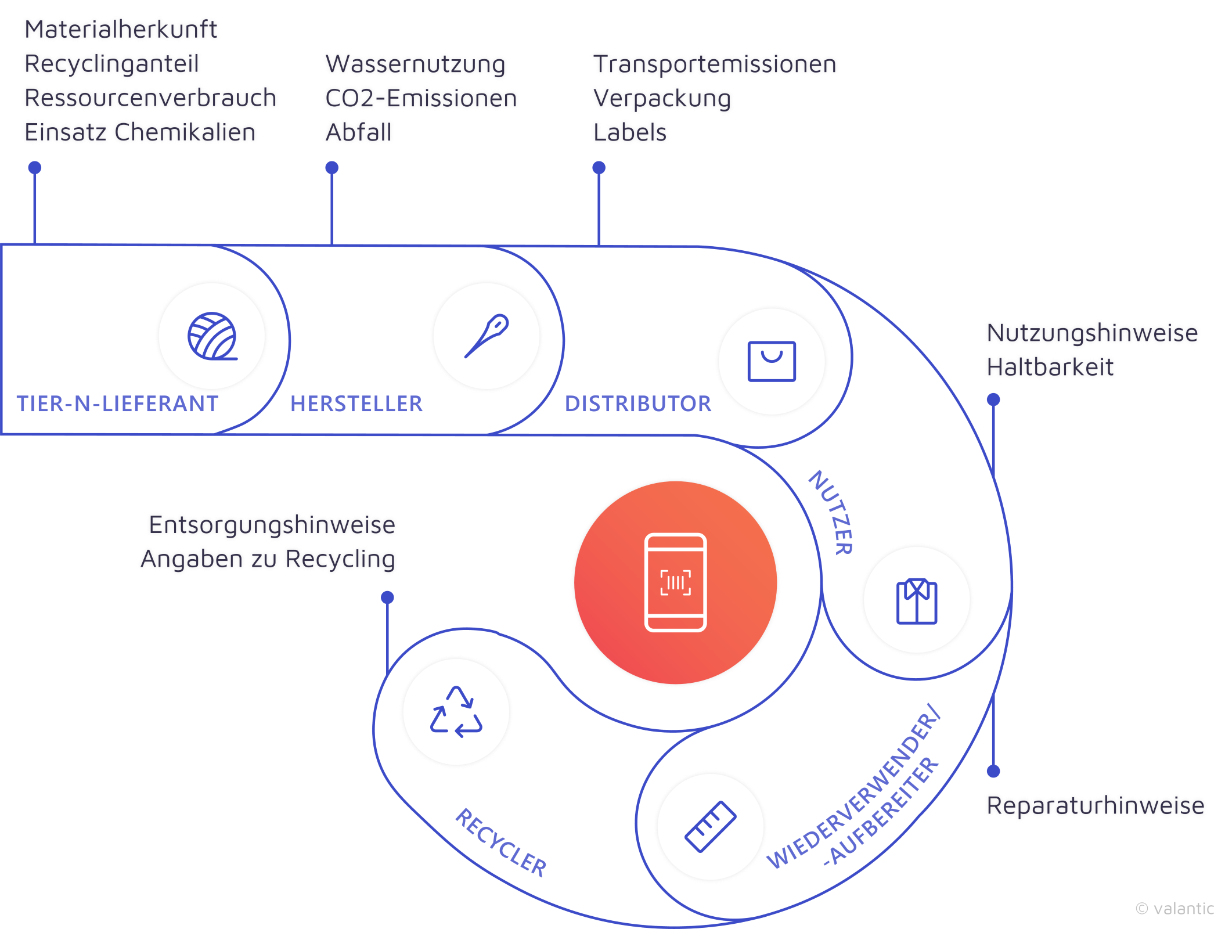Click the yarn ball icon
(x=212, y=336)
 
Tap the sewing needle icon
(x=487, y=336)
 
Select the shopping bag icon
(x=772, y=361)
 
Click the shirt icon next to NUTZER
(x=917, y=600)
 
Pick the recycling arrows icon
(x=456, y=712)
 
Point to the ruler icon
(x=710, y=827)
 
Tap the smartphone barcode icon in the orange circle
(x=676, y=582)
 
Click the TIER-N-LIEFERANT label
(x=117, y=404)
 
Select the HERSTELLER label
(x=356, y=404)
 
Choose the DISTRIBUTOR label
(x=638, y=404)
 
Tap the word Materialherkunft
(x=121, y=30)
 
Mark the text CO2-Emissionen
(x=421, y=98)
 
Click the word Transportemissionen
(x=715, y=64)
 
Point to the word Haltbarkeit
(x=1050, y=367)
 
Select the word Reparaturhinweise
(x=1095, y=806)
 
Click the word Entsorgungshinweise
(x=272, y=525)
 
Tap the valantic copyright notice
(x=1174, y=909)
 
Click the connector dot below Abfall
(x=332, y=168)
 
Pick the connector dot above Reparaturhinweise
(x=993, y=771)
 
